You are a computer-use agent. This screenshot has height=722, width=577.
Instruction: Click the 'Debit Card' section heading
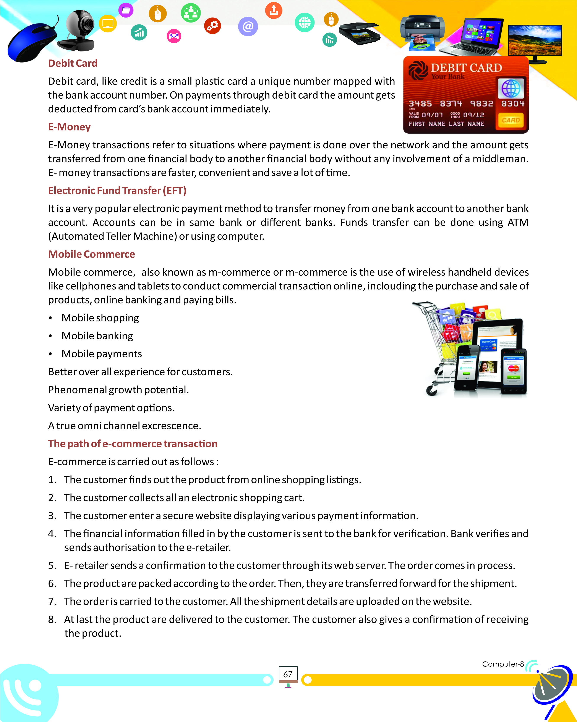coord(73,63)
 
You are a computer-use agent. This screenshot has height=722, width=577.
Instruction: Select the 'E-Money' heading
coord(69,127)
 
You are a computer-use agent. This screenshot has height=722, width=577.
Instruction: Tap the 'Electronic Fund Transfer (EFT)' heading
coord(117,191)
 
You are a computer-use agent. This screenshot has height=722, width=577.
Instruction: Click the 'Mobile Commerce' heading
coord(92,254)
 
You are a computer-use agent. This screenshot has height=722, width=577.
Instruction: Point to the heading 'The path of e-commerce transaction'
coord(133,444)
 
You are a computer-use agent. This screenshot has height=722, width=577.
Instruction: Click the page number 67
coord(288,674)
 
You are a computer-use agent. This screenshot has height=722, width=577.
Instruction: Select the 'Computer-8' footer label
coord(502,664)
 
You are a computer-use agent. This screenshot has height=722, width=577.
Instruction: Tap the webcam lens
coord(88,23)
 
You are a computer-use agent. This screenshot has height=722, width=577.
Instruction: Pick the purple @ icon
coord(248,26)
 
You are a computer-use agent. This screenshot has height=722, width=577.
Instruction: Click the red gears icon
coord(212,26)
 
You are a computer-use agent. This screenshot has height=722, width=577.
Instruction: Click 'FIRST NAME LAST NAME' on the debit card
coord(446,124)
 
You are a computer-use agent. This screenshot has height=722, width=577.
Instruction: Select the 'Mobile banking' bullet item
coord(97,336)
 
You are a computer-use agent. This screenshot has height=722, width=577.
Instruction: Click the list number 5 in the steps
coord(52,566)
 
